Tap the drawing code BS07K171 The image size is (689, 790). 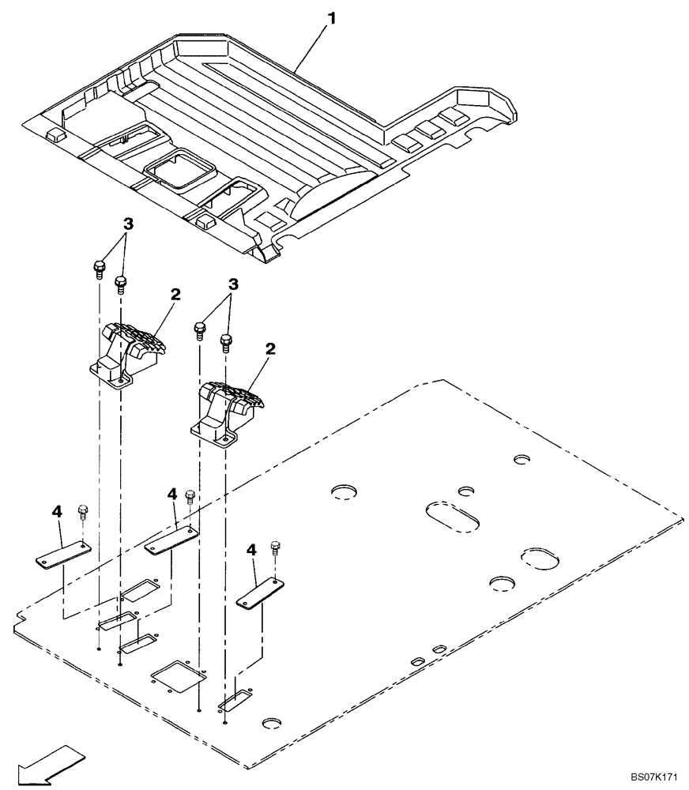click(x=655, y=778)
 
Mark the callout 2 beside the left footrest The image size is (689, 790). click(x=175, y=294)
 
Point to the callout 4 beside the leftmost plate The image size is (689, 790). click(x=56, y=512)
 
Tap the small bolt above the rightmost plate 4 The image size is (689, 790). click(x=275, y=547)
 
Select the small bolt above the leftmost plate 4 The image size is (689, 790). click(x=83, y=511)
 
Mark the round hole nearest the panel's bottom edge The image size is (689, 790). click(x=272, y=723)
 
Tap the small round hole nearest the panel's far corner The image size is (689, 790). click(x=521, y=459)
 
